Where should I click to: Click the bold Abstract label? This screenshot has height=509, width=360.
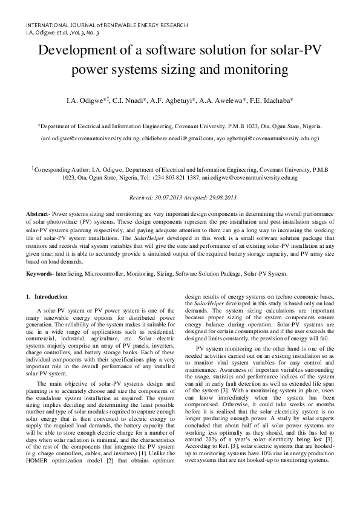coord(38,215)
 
